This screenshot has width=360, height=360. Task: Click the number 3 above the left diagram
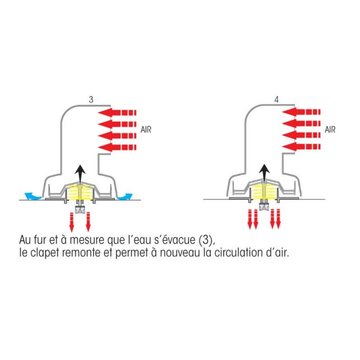pyautogui.click(x=91, y=100)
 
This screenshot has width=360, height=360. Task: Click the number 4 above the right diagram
pyautogui.click(x=276, y=100)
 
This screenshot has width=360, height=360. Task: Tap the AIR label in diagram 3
pyautogui.click(x=145, y=130)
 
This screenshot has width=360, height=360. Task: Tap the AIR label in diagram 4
pyautogui.click(x=330, y=130)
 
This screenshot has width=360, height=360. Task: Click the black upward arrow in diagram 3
pyautogui.click(x=81, y=172)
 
